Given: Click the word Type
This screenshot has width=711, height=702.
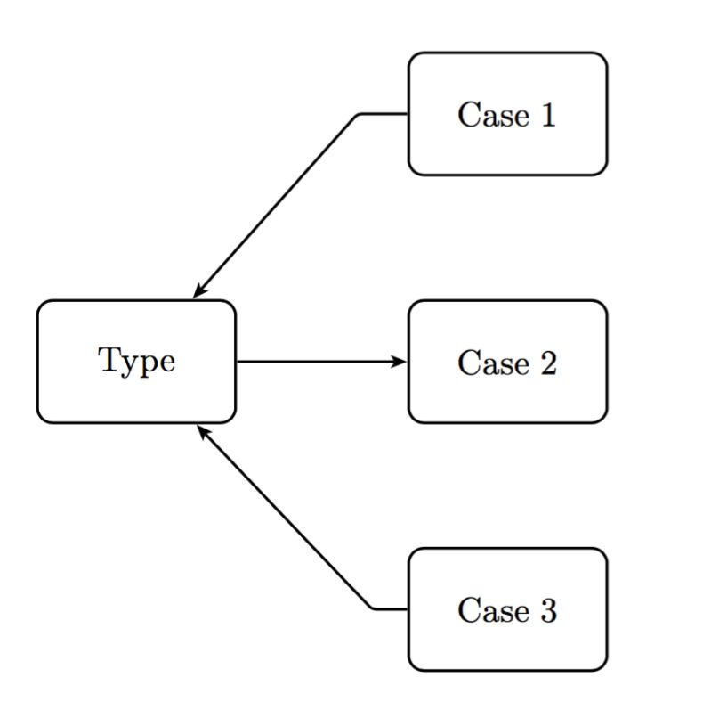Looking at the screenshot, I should coord(136,362).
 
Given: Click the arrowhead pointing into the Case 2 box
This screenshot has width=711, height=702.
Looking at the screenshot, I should coord(400,362).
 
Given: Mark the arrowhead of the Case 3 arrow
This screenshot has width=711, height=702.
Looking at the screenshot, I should coord(202,431).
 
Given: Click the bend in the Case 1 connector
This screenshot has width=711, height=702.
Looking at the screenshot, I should coord(359,115).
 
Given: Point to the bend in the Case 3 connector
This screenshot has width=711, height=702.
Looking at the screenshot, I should coord(373,609).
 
